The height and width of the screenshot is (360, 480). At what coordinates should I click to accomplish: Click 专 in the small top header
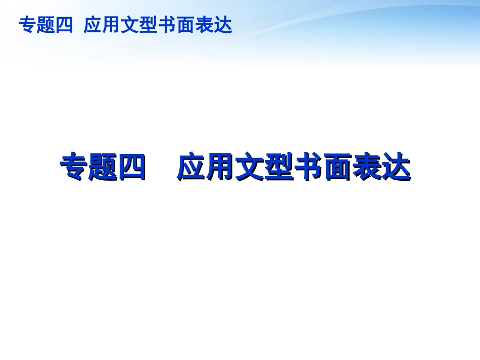click(x=27, y=25)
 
